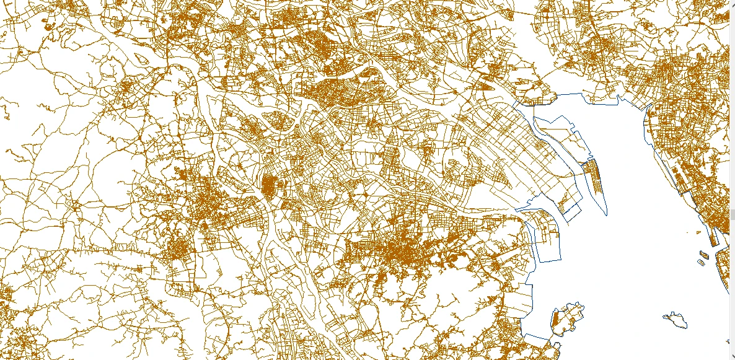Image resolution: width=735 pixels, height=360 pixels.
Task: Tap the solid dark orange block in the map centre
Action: [x=269, y=185]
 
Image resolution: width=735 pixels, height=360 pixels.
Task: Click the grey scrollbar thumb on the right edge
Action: [x=732, y=214]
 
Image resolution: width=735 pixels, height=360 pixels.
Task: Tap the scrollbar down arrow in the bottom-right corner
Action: [x=732, y=356]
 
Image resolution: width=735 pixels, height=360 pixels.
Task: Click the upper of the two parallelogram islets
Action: [x=704, y=253]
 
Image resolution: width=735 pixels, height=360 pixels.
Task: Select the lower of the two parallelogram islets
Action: [x=700, y=262]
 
